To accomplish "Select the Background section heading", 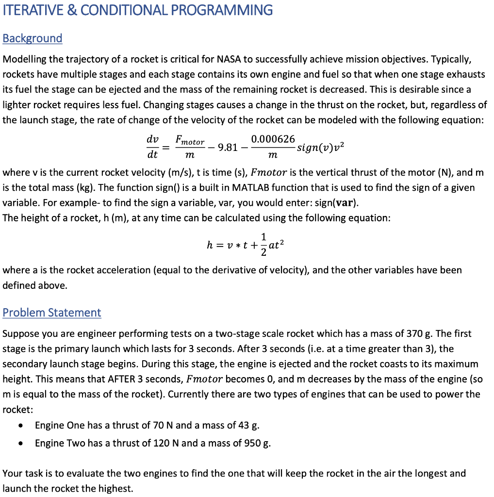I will pos(33,38).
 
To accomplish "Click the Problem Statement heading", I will pos(52,313).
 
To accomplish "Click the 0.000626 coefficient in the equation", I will pos(273,139).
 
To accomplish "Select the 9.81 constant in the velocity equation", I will pos(228,148).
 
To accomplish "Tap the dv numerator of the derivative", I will pos(152,139).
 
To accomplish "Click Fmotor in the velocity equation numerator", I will pos(190,141).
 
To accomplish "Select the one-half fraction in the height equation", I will pos(263,246).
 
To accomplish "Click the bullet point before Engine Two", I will pos(20,444).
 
